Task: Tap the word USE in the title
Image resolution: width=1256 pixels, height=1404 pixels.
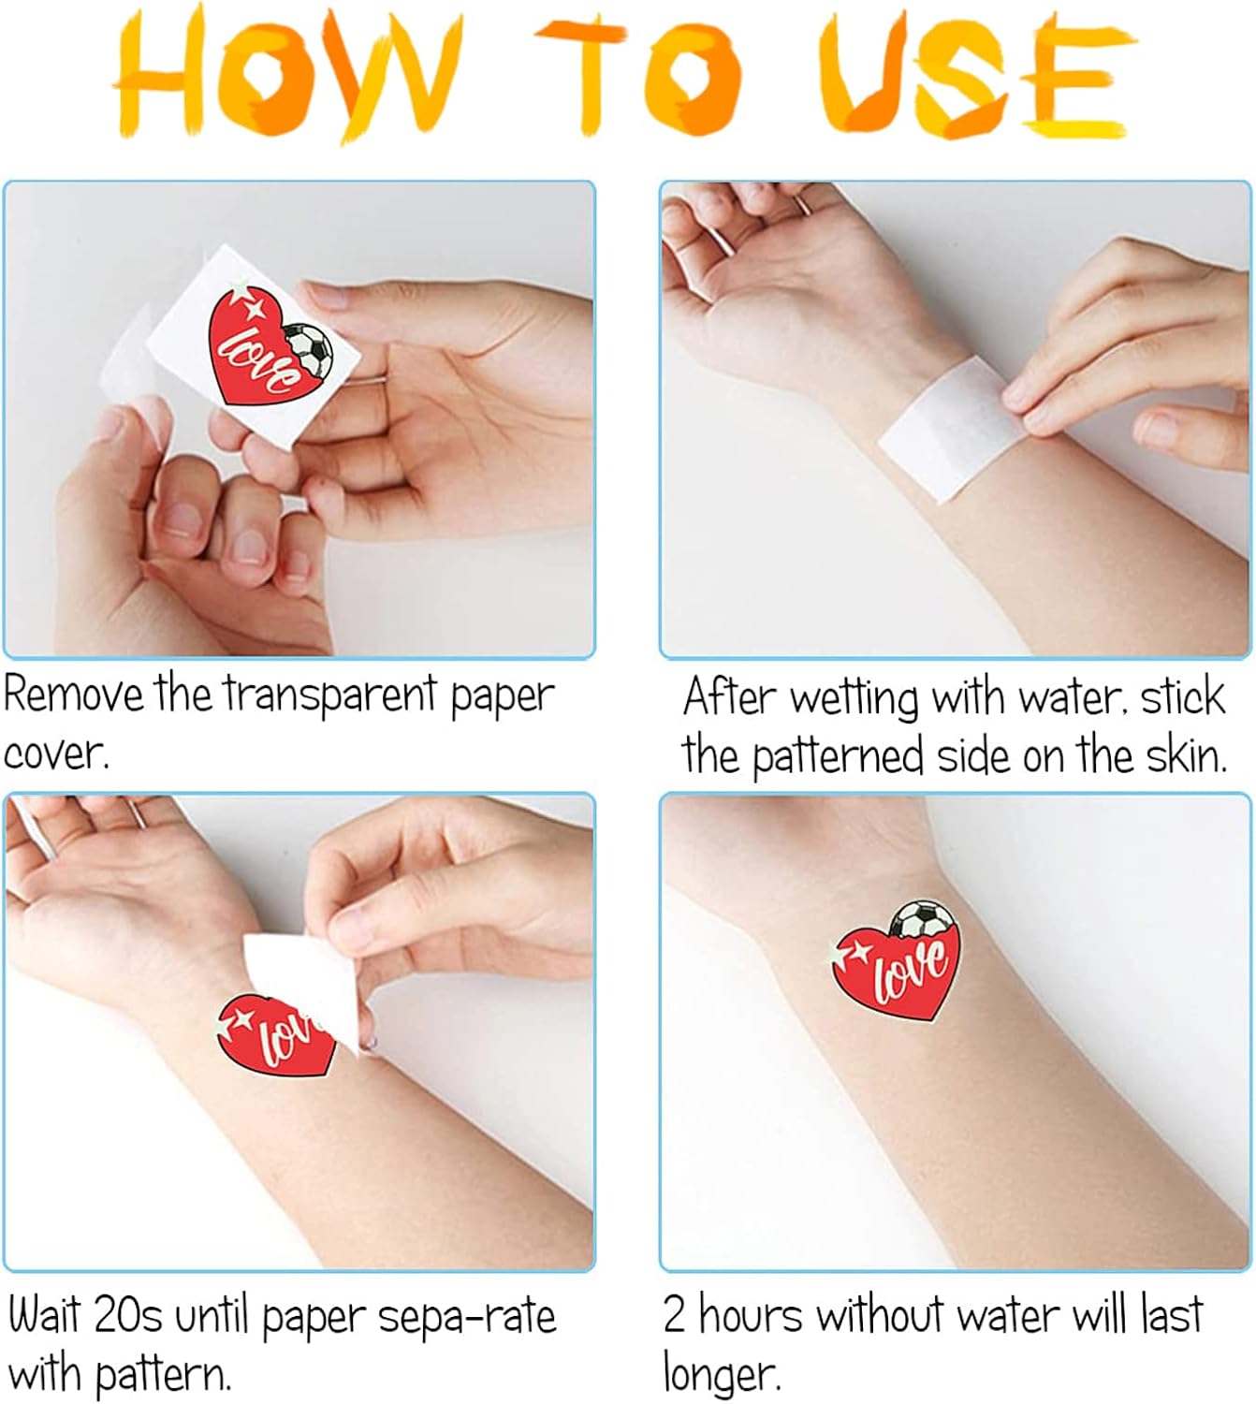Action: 977,75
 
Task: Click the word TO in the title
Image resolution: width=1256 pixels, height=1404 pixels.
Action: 637,76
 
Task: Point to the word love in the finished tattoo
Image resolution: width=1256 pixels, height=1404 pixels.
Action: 910,971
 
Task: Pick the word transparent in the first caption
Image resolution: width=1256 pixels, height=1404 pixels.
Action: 330,695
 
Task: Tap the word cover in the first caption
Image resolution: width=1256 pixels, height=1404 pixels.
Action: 55,754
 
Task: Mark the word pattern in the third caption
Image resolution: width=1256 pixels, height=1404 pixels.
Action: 164,1376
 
